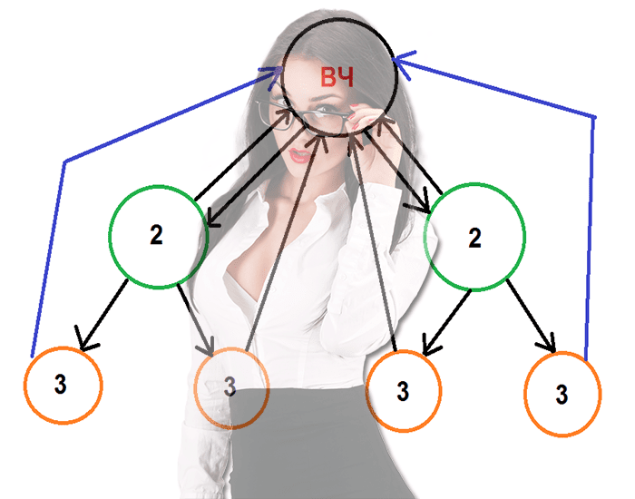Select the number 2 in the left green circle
pos(156,235)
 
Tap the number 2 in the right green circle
pos(474,239)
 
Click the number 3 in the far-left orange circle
pos(60,384)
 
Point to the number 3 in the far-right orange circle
pos(562,395)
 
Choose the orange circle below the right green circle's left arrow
pos(404,391)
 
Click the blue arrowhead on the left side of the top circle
pos(269,75)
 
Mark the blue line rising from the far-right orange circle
pos(591,236)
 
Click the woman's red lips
pos(300,155)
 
